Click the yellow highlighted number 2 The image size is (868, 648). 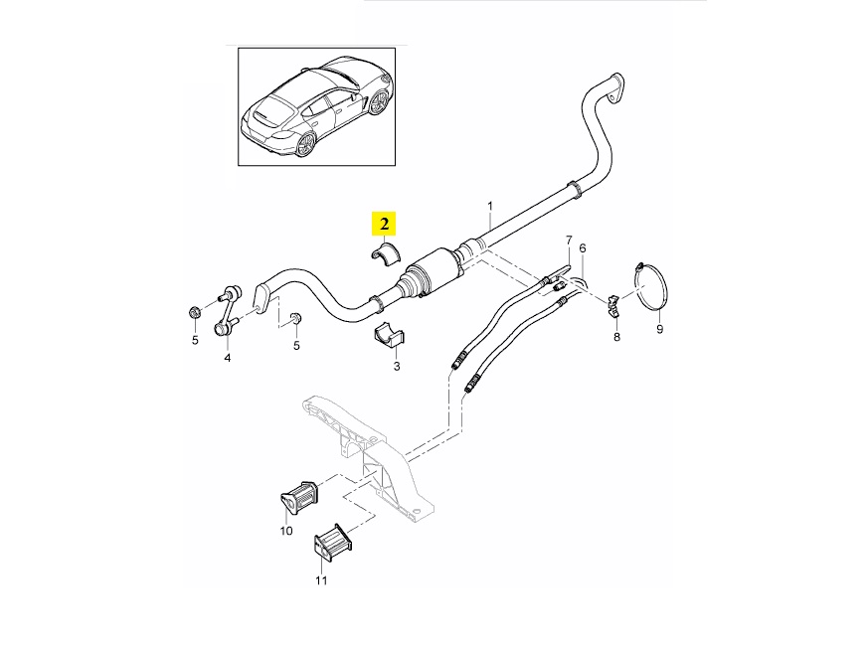coord(384,224)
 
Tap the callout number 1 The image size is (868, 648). coord(489,208)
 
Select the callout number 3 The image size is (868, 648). coord(396,367)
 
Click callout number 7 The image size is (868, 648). coord(569,240)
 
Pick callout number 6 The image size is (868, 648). coord(583,247)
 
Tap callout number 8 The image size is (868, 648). coord(616,338)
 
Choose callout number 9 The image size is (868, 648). coord(658,328)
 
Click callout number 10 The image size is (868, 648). coord(285,531)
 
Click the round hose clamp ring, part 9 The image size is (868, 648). coord(650,289)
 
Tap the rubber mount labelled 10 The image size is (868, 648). coord(296,495)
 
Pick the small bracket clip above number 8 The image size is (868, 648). coord(613,302)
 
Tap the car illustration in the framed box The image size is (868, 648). coord(316,108)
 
